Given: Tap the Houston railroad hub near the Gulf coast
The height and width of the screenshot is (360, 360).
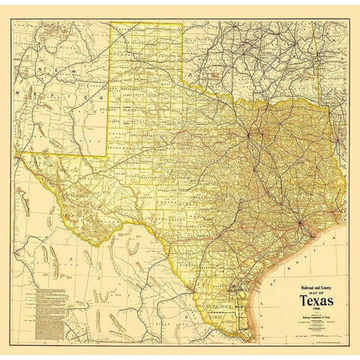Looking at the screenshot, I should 298,223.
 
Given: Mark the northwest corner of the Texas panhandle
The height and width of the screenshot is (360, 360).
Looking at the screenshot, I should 111,23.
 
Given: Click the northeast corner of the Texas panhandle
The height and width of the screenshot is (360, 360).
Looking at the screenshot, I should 182,23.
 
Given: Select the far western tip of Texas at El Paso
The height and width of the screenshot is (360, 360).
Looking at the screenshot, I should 16,153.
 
